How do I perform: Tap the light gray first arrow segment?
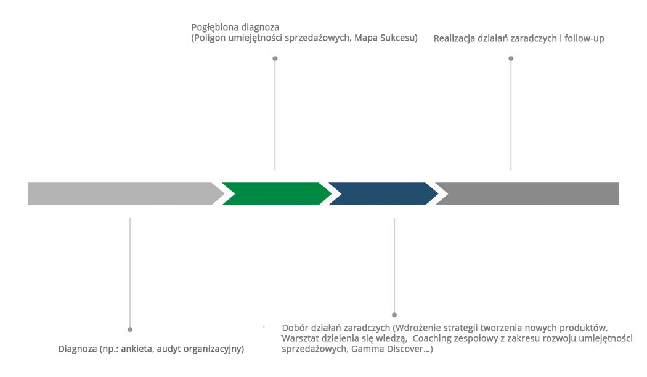click(123, 193)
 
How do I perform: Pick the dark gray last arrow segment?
click(530, 193)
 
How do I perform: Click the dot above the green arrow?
click(275, 59)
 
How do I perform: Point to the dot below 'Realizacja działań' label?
click(511, 59)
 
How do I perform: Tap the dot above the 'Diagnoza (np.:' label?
click(130, 330)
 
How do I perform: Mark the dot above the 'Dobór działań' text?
click(394, 315)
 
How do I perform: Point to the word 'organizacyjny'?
click(214, 349)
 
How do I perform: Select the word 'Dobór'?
click(294, 326)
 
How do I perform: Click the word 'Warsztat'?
click(300, 338)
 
